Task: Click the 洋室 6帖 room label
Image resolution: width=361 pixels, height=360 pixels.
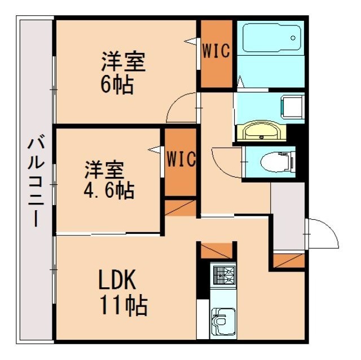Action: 123,72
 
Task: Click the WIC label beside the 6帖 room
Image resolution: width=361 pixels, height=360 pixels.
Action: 216,52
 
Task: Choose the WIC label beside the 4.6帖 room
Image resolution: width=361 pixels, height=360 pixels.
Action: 180,159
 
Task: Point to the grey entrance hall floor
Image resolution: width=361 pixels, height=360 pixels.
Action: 288,217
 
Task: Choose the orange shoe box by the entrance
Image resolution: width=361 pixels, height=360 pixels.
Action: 289,260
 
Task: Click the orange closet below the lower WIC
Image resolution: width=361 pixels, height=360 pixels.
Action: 180,207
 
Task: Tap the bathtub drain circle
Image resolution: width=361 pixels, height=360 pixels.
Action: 293,38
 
